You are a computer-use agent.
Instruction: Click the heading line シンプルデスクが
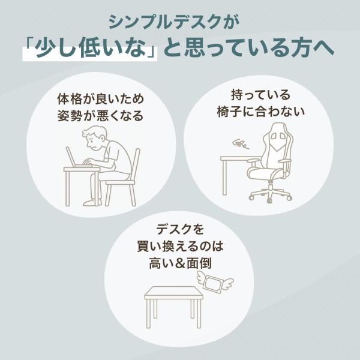tap(174, 22)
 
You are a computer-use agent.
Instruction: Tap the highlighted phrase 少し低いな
tap(90, 48)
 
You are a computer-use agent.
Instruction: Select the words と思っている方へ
tap(248, 48)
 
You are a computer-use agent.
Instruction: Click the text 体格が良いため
tap(101, 99)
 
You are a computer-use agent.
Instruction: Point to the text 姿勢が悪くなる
tap(101, 115)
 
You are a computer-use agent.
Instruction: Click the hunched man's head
tap(95, 138)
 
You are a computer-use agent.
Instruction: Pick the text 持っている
tap(260, 95)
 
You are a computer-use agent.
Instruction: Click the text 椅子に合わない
tap(260, 112)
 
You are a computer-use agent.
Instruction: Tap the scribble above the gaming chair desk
tap(241, 145)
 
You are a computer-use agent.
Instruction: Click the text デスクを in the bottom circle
tap(180, 229)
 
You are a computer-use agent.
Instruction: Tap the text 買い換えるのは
tap(180, 247)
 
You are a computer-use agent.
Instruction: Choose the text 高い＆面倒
tap(180, 263)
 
